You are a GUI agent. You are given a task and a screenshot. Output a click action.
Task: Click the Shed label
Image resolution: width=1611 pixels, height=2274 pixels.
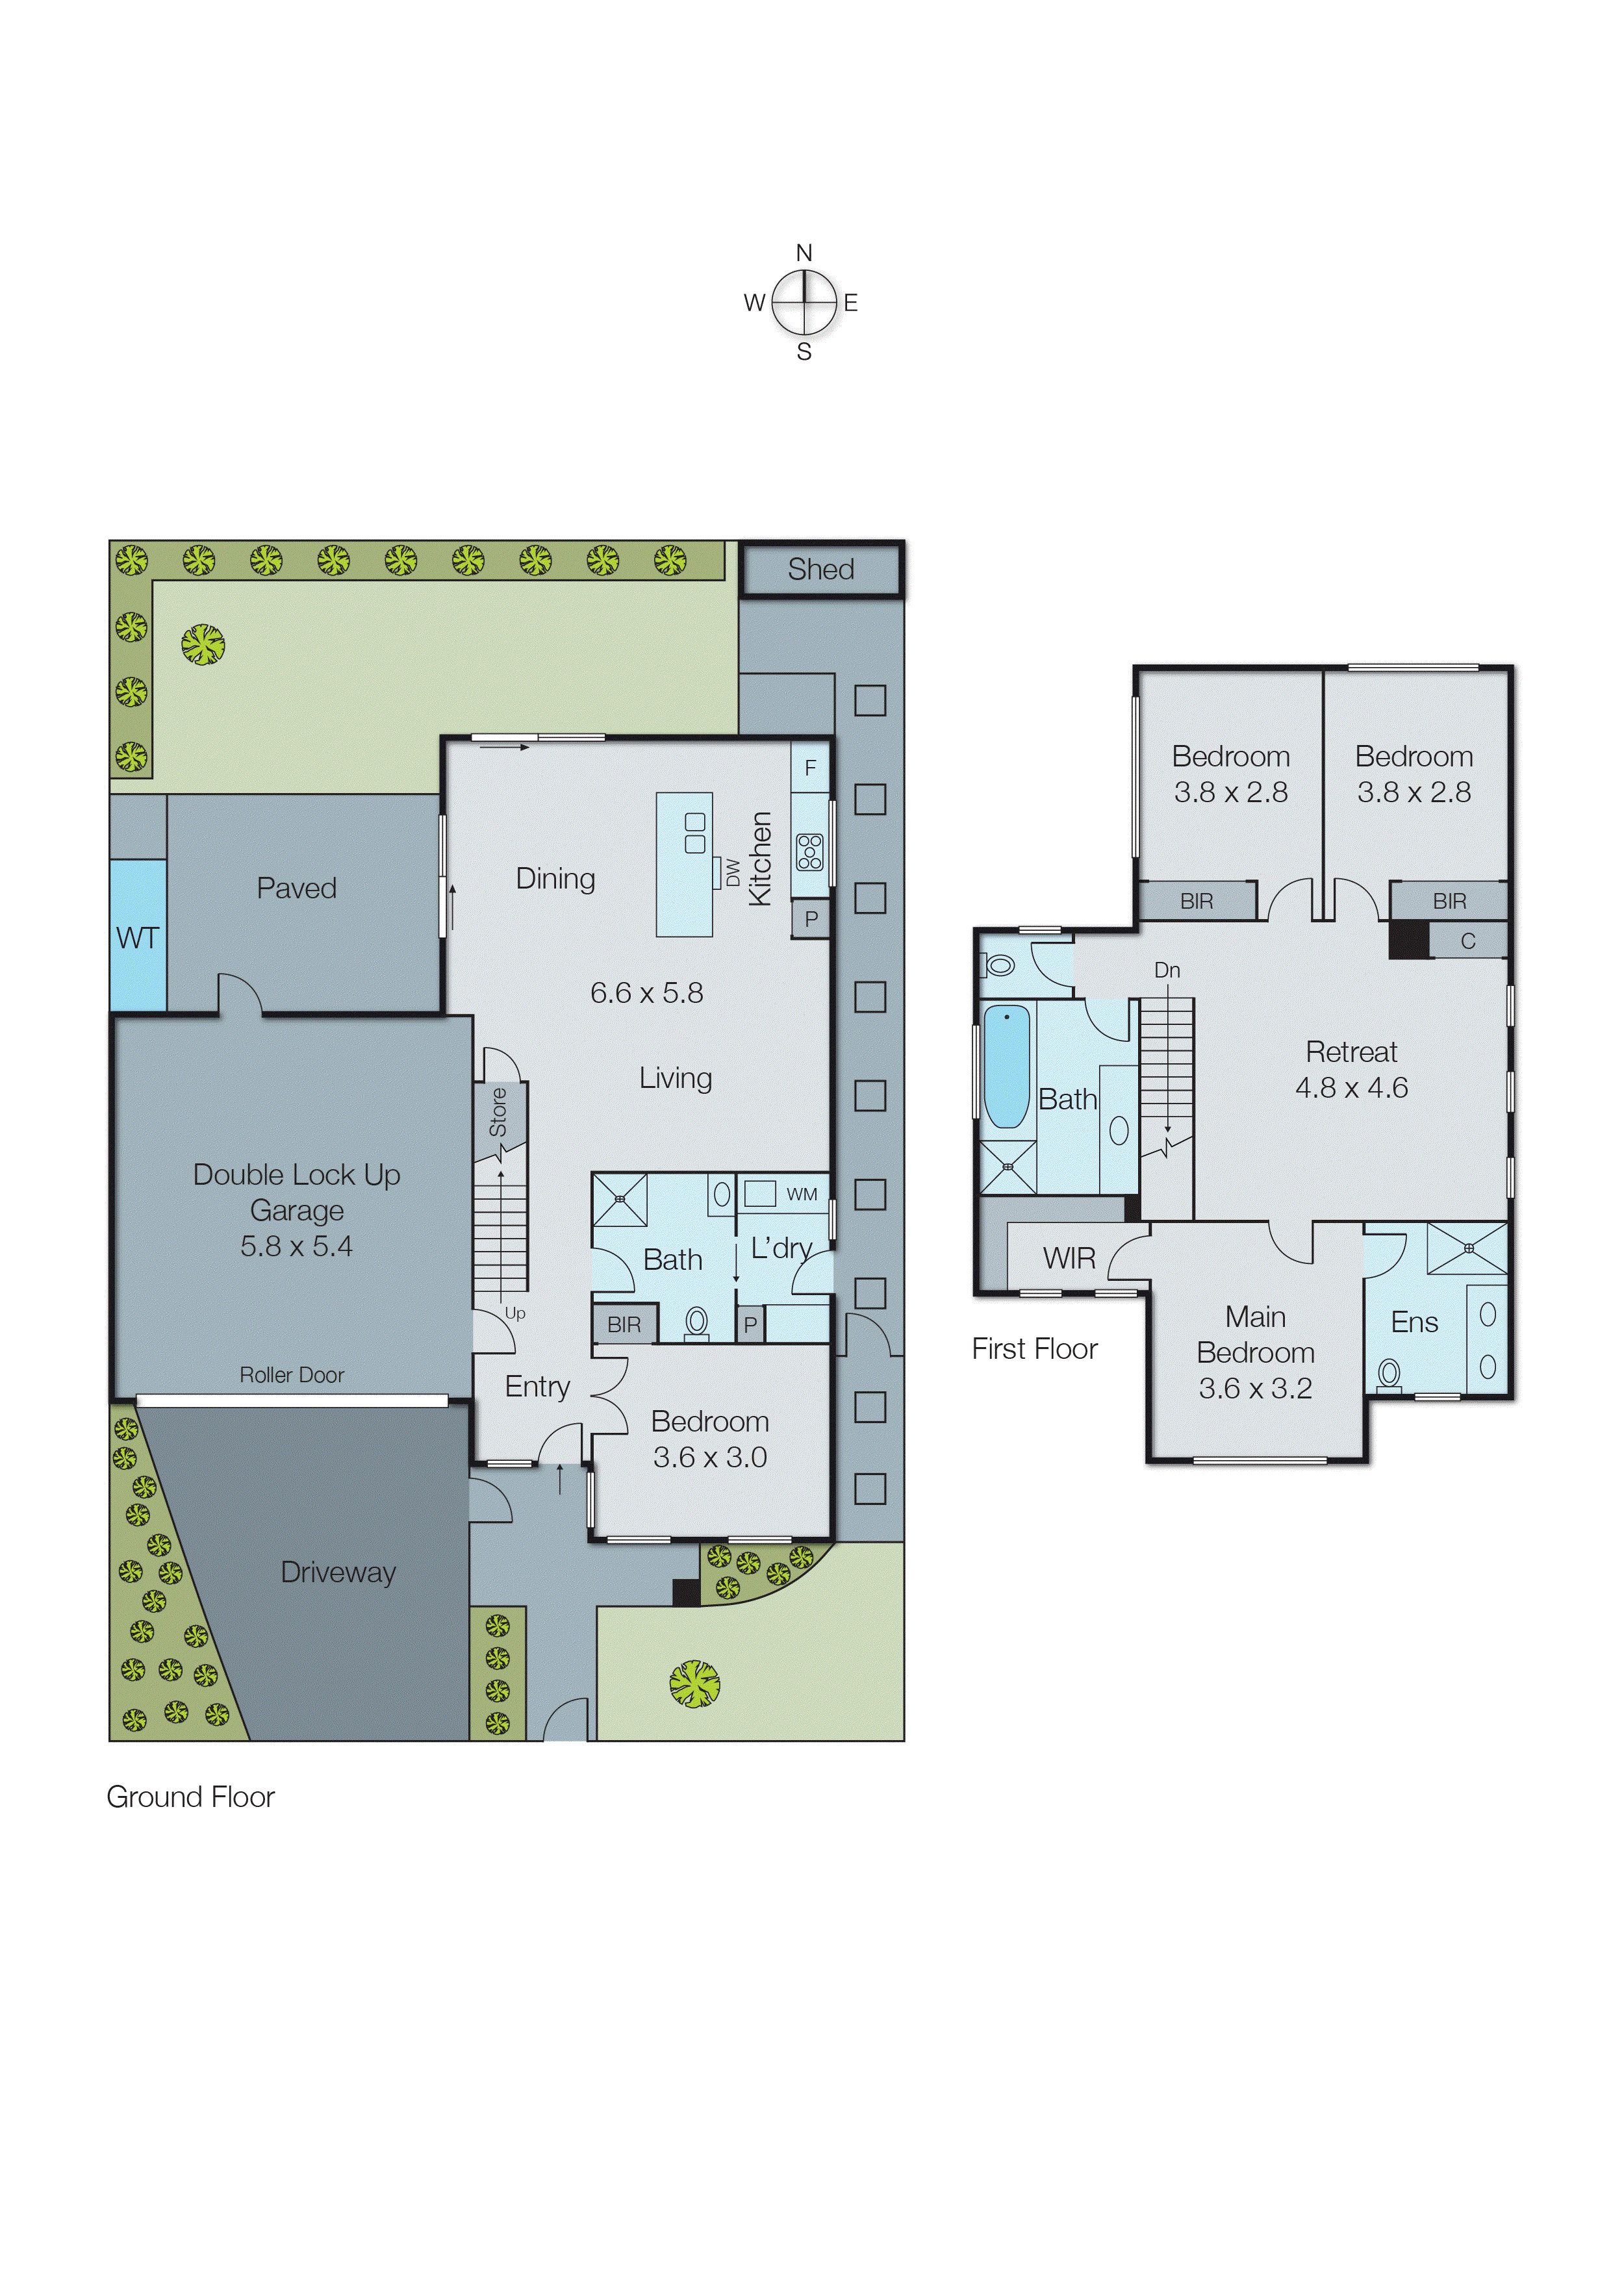(x=820, y=569)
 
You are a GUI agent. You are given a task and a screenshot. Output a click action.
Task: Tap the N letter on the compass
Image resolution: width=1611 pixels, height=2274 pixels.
(x=804, y=253)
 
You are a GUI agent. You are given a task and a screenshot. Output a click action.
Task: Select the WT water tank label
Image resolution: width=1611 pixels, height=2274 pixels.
(x=137, y=937)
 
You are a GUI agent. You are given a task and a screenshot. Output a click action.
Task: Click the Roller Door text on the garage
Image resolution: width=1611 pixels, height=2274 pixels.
(x=292, y=1374)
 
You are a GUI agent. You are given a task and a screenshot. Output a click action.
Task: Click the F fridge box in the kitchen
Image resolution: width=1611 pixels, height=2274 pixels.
(x=811, y=768)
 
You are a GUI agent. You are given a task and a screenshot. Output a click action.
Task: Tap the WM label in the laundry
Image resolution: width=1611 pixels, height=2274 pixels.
(x=802, y=1194)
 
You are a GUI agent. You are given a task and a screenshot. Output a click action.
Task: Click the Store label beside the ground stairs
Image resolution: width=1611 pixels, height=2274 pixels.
(x=498, y=1112)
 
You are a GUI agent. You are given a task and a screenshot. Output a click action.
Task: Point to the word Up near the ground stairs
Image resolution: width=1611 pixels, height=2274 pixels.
(x=515, y=1313)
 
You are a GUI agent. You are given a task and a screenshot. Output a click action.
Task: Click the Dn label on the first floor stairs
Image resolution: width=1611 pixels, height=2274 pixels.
(x=1167, y=970)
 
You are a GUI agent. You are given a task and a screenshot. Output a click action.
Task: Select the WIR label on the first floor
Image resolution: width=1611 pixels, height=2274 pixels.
(x=1069, y=1259)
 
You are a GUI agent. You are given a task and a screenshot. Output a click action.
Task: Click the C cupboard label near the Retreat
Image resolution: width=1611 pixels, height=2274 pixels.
(x=1468, y=941)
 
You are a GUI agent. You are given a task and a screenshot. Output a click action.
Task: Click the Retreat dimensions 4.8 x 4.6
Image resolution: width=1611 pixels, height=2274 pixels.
(x=1351, y=1088)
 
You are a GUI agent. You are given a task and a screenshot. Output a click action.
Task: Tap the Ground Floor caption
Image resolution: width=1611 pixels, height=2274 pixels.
(x=190, y=1797)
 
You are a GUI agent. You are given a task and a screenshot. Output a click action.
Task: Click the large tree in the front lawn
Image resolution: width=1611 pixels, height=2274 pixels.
(x=694, y=1684)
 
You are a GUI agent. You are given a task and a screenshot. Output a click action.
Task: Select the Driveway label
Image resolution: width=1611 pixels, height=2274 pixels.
(x=338, y=1572)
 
